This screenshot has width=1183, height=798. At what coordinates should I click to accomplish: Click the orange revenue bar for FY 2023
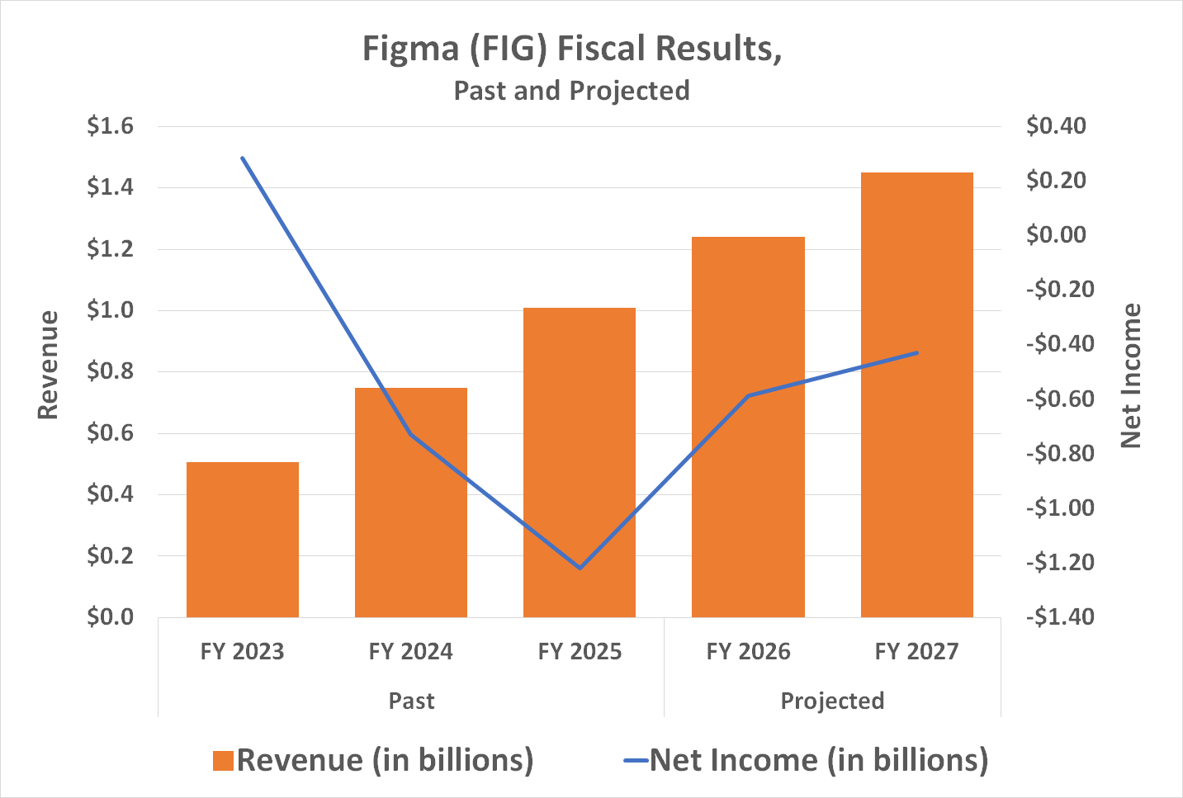click(243, 540)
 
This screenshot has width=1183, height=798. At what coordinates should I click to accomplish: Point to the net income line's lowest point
click(580, 568)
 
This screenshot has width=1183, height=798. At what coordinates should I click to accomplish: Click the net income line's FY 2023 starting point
click(243, 158)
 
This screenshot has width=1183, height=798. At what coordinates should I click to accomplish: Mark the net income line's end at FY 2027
click(916, 352)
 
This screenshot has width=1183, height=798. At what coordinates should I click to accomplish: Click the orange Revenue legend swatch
click(223, 761)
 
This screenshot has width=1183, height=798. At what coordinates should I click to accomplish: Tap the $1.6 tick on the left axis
click(110, 126)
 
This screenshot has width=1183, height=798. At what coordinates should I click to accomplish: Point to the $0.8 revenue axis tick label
click(110, 372)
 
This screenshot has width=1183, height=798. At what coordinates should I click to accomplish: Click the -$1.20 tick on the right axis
click(1060, 563)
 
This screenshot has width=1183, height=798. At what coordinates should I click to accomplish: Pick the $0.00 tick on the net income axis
click(1056, 235)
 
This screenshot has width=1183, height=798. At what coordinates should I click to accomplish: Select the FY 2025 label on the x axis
click(580, 652)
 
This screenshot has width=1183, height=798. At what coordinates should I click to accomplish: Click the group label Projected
click(832, 701)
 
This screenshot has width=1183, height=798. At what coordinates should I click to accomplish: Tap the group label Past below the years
click(411, 701)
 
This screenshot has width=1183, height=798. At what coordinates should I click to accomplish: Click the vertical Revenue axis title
click(49, 365)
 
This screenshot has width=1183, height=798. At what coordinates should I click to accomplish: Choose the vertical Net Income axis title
click(1130, 375)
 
